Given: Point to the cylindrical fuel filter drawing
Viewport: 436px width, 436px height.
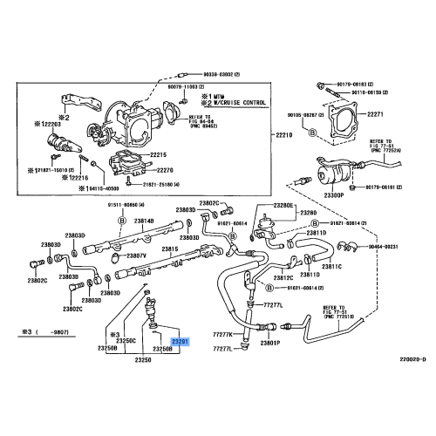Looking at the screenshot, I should [x=336, y=173].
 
